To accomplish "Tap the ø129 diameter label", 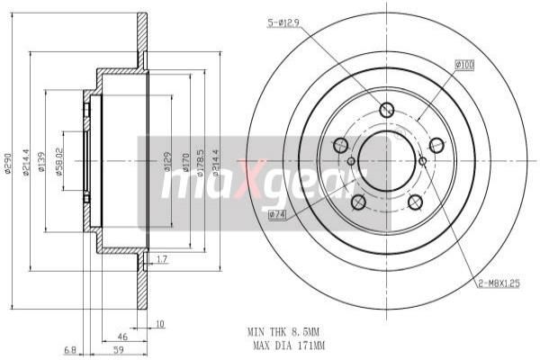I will pyautogui.click(x=167, y=162).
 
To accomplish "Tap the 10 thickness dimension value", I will pyautogui.click(x=159, y=323).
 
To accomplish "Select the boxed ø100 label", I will pyautogui.click(x=464, y=65).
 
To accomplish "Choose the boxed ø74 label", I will pyautogui.click(x=276, y=214).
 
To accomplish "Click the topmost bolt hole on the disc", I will pyautogui.click(x=387, y=111).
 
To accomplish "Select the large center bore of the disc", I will pyautogui.click(x=388, y=156).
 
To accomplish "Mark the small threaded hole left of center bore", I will pyautogui.click(x=352, y=161).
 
